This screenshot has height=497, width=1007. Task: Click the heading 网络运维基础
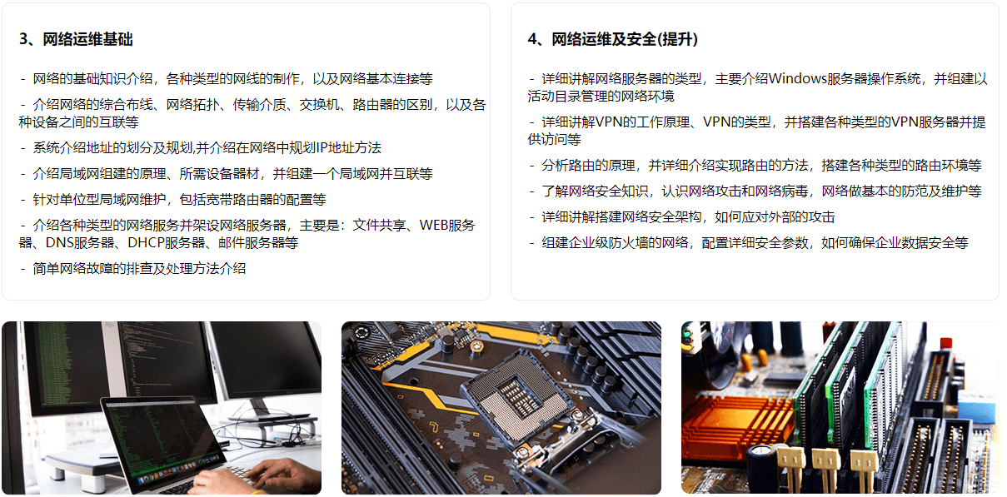coord(87,40)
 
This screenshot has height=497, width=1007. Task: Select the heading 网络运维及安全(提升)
coord(625,40)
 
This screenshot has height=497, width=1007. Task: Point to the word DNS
coord(59,243)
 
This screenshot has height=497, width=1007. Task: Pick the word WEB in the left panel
coord(434,225)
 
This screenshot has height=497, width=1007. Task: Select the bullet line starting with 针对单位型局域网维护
coord(173,200)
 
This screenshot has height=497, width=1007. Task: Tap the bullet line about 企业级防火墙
coord(749,243)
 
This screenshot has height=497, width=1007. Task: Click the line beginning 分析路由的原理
coord(755,166)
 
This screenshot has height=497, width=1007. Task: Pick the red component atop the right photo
coord(946,343)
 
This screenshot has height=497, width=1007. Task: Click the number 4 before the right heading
coord(532,40)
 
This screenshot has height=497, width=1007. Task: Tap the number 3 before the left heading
coord(23,40)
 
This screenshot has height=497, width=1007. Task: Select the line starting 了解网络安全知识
coord(755,191)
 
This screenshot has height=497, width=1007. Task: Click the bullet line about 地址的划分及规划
coord(201,148)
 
